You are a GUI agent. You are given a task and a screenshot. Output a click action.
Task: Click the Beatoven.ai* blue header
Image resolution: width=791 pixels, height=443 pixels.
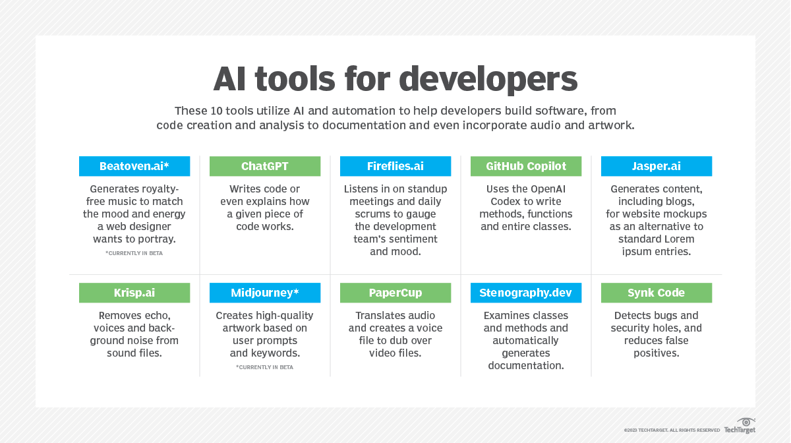[134, 166]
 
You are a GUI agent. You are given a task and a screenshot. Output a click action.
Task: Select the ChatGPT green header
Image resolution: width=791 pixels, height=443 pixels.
[265, 166]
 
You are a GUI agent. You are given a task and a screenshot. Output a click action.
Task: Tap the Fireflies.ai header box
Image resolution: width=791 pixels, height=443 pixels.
[395, 166]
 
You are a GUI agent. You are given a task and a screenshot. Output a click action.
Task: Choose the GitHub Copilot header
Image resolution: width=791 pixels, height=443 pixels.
[525, 166]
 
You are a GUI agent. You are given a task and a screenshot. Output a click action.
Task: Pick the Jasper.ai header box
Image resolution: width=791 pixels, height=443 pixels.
[656, 166]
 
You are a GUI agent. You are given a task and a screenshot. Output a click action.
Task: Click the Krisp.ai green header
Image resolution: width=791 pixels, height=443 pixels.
[134, 293]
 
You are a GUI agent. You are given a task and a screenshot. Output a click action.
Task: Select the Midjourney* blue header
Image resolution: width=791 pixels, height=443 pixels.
[265, 293]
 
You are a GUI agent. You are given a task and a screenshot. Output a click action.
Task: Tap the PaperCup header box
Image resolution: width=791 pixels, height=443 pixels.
[395, 293]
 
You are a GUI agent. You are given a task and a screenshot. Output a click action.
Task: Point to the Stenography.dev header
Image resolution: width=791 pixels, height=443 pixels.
[525, 293]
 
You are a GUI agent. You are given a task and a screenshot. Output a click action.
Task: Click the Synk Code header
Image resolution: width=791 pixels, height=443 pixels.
[656, 293]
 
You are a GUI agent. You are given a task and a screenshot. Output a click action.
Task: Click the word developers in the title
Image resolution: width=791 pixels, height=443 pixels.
[488, 79]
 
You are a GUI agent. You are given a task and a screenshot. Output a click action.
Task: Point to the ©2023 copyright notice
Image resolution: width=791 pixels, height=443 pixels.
[672, 430]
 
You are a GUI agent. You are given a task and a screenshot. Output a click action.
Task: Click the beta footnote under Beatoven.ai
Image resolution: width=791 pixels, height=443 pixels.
[134, 253]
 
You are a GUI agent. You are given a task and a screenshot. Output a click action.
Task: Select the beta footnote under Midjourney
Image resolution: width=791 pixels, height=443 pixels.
[265, 367]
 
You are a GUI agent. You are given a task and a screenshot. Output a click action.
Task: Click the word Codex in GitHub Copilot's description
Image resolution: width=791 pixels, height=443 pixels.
[508, 202]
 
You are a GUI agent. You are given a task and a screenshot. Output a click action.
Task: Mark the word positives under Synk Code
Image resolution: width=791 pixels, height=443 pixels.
[656, 353]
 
